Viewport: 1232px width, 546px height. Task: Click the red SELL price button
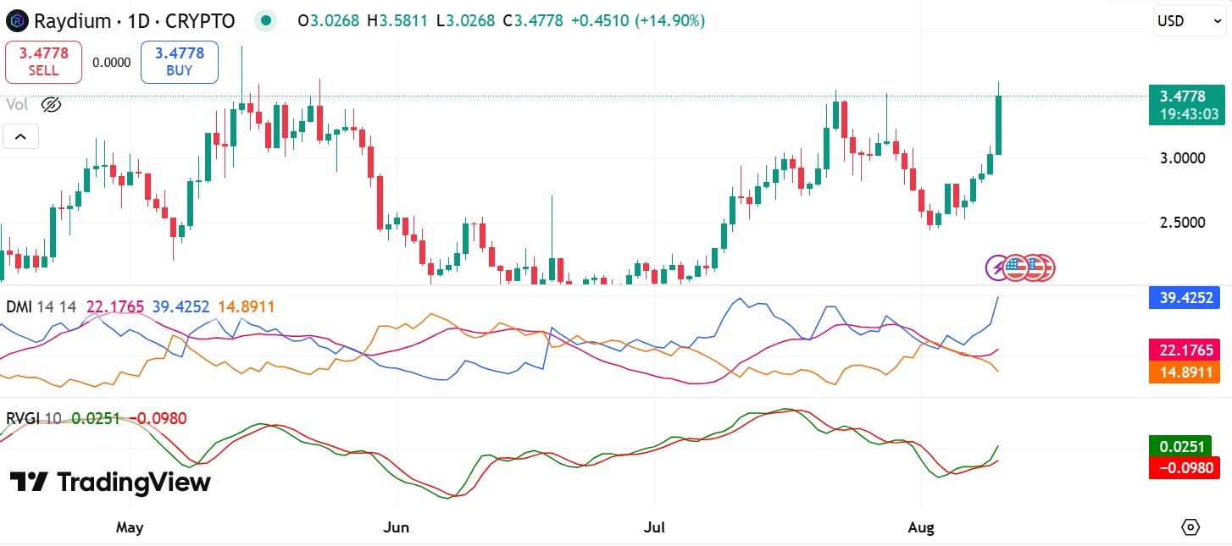(43, 62)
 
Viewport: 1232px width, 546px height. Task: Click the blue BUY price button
(179, 62)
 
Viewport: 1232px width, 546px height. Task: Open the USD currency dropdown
(1190, 21)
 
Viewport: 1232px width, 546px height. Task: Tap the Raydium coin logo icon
(17, 20)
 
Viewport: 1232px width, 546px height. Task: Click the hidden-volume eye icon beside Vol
(51, 105)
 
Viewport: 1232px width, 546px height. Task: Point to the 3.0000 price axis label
(1184, 158)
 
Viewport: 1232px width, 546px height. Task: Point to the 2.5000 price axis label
(1184, 223)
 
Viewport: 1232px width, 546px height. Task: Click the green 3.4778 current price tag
(1187, 105)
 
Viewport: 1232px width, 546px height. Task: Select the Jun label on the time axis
(396, 527)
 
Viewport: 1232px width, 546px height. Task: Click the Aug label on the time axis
(920, 527)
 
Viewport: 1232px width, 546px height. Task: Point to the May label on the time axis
(129, 527)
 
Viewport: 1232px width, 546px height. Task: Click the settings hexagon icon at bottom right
(1190, 527)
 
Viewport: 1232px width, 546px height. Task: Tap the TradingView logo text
(110, 483)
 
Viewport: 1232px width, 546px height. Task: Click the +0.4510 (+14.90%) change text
(637, 20)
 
